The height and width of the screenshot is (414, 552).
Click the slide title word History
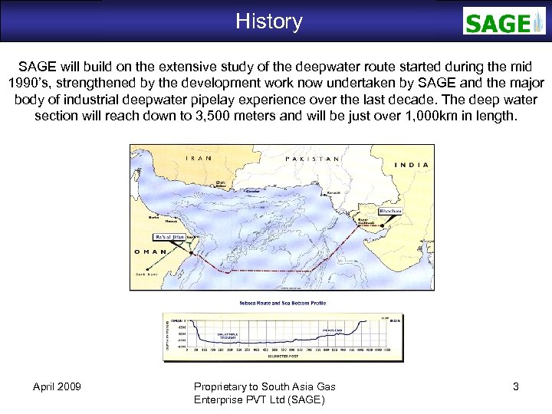pyautogui.click(x=269, y=21)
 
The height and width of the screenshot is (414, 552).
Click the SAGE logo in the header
pyautogui.click(x=504, y=21)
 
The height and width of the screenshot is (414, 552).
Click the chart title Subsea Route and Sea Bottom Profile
pyautogui.click(x=282, y=303)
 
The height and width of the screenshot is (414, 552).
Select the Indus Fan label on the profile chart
pyautogui.click(x=331, y=331)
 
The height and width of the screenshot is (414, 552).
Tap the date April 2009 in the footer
pyautogui.click(x=58, y=386)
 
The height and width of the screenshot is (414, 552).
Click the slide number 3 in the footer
pyautogui.click(x=515, y=386)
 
